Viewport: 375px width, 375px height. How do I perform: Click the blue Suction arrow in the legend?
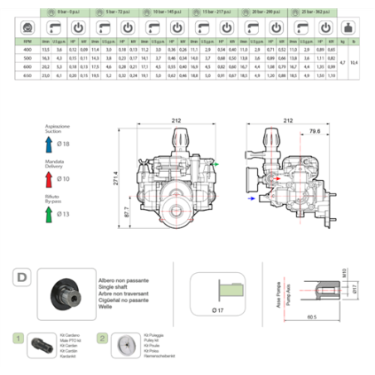point(51,144)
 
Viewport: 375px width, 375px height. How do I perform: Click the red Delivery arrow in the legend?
point(51,178)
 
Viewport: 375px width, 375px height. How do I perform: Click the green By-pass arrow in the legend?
point(51,214)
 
